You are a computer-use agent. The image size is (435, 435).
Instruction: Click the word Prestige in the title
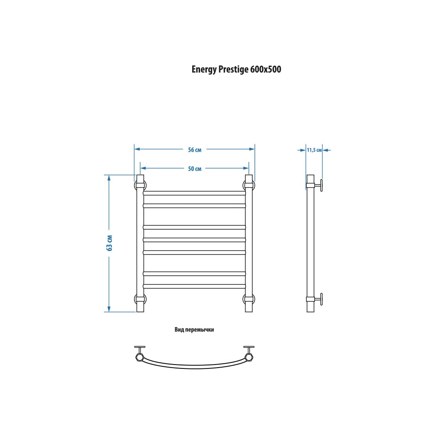[233, 69]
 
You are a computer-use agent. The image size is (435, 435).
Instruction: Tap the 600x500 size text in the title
[266, 69]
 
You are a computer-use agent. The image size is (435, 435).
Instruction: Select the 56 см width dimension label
[195, 150]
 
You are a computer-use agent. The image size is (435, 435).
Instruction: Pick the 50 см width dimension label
[195, 169]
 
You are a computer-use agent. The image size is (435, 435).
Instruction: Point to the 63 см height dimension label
[110, 243]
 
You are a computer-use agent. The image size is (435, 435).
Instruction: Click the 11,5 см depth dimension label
[314, 150]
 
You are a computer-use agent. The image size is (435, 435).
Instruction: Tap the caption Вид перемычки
[194, 330]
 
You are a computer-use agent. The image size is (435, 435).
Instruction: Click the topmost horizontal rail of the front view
[194, 193]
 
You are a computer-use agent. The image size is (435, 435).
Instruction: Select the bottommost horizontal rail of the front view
[194, 286]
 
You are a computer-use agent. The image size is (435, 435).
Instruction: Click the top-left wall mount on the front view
[140, 185]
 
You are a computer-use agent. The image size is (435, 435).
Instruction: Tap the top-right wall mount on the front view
[249, 185]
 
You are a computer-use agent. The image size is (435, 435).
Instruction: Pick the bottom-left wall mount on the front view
[140, 299]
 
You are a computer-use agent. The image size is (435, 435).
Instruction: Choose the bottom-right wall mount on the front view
[249, 299]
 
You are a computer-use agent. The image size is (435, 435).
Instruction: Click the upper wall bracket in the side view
[315, 185]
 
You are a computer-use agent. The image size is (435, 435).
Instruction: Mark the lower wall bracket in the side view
[315, 299]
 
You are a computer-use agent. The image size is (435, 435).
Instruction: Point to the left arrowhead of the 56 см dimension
[137, 149]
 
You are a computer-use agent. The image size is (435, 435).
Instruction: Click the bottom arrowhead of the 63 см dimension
[109, 309]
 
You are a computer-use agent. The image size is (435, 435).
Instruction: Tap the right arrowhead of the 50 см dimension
[246, 168]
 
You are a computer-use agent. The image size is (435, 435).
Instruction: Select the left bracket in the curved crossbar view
[140, 354]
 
